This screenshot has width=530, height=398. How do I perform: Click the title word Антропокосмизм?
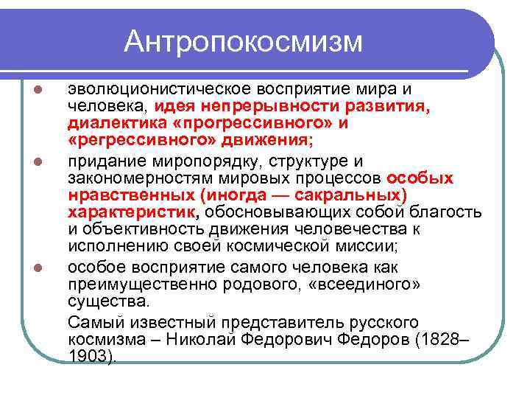tap(243, 42)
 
